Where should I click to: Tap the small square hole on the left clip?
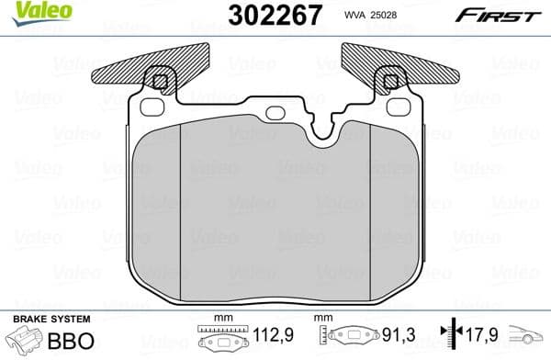click(x=162, y=83)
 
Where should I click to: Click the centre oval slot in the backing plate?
click(x=275, y=115)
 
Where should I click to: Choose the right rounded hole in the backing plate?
click(x=397, y=107)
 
